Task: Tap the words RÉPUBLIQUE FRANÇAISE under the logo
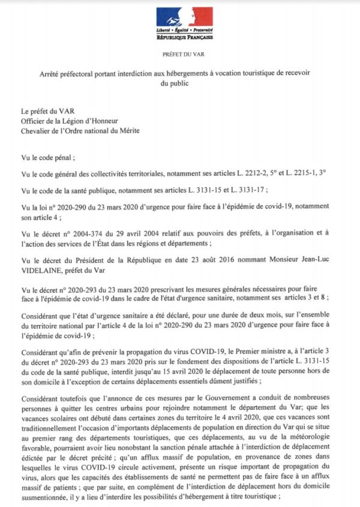[184, 37]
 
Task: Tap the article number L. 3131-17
[230, 190]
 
